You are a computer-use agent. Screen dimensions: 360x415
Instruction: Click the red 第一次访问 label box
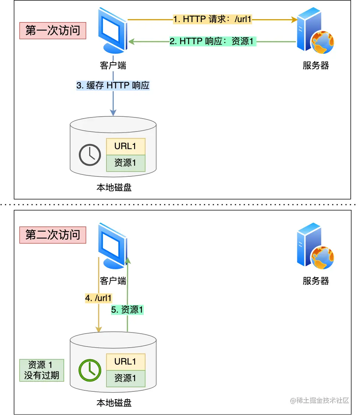pyautogui.click(x=53, y=31)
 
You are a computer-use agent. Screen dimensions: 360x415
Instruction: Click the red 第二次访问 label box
pyautogui.click(x=53, y=235)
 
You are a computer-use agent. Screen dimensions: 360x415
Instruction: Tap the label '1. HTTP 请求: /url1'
pyautogui.click(x=213, y=19)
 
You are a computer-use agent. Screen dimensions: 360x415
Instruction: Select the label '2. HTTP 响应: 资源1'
pyautogui.click(x=213, y=41)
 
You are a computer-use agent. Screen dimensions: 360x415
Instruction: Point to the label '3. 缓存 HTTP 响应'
pyautogui.click(x=113, y=85)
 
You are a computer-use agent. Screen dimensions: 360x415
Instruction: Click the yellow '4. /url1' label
pyautogui.click(x=98, y=298)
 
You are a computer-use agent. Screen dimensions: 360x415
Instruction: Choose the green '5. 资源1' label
pyautogui.click(x=127, y=310)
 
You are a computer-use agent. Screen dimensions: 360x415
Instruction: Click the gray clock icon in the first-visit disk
pyautogui.click(x=90, y=155)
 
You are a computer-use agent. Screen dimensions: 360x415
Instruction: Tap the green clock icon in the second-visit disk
pyautogui.click(x=90, y=370)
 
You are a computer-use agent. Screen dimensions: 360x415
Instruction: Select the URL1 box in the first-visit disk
pyautogui.click(x=126, y=146)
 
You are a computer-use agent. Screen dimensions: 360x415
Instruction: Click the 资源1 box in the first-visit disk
pyautogui.click(x=126, y=163)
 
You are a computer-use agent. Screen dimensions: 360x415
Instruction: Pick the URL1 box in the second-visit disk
pyautogui.click(x=126, y=362)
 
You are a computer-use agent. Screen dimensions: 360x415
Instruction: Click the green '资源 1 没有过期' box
pyautogui.click(x=42, y=370)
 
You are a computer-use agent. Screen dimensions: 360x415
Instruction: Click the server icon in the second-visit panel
pyautogui.click(x=315, y=246)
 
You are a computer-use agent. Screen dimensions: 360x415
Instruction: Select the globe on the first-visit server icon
pyautogui.click(x=322, y=42)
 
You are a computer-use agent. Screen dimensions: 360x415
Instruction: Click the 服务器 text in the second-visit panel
pyautogui.click(x=316, y=281)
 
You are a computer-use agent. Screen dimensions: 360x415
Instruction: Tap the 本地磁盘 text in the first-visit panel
pyautogui.click(x=114, y=187)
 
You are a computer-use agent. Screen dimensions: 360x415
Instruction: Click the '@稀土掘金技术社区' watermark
pyautogui.click(x=319, y=400)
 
